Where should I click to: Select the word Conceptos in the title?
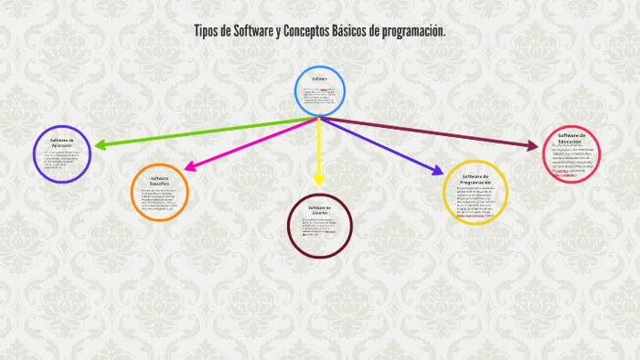coord(314,31)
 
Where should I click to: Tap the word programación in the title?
coord(411,31)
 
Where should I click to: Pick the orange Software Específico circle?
coord(160,193)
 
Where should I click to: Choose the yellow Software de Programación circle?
coord(475,191)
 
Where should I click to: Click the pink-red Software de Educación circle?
coord(571,154)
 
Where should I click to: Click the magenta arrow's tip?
coord(187,168)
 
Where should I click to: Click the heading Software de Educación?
coord(571,138)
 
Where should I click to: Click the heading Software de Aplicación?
coord(62,143)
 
